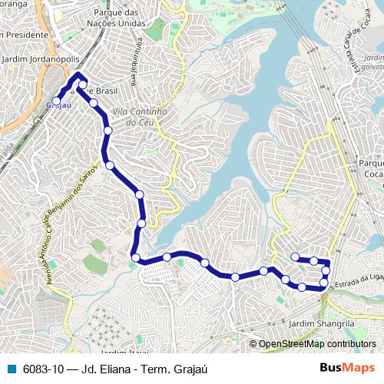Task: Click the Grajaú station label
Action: [55, 105]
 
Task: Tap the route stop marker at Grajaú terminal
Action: [56, 101]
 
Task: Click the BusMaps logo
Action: [347, 368]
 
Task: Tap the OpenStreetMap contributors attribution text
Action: [317, 344]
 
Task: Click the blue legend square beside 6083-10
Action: [10, 369]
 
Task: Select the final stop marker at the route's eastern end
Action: [295, 257]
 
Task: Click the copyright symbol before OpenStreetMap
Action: [253, 344]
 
